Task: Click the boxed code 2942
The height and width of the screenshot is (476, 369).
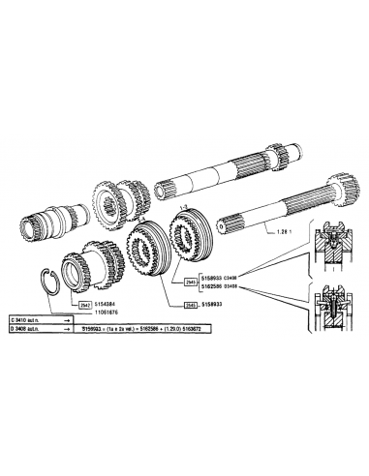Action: pyautogui.click(x=85, y=304)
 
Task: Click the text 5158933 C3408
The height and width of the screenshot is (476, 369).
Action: pyautogui.click(x=225, y=278)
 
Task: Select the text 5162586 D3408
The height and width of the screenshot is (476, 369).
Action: pyautogui.click(x=225, y=286)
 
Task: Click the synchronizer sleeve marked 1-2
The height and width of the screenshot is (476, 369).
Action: pyautogui.click(x=188, y=241)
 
